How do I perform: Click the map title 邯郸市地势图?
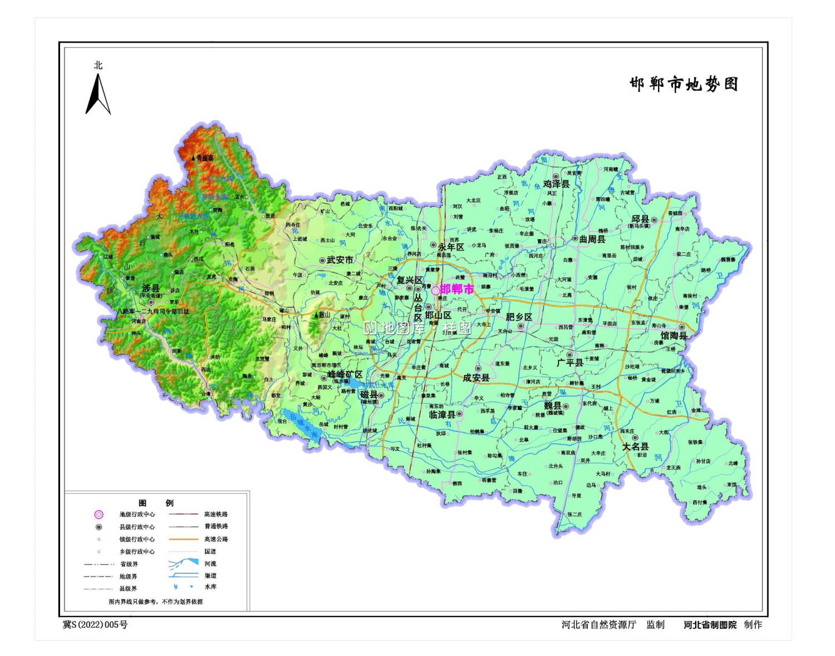coord(684,85)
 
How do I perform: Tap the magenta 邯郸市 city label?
coord(456,289)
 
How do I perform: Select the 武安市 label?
coord(340,260)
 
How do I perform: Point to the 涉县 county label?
coord(151,288)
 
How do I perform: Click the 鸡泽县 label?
coord(556,184)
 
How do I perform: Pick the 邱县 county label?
coord(640,219)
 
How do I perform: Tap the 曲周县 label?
coord(592,239)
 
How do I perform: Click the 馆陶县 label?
coord(674,336)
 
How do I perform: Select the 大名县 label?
coord(635,447)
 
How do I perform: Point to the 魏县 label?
coord(552,406)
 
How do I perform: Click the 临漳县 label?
coord(442,415)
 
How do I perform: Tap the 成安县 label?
coord(476,378)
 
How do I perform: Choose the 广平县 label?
coord(569,363)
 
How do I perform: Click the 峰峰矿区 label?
coord(345,374)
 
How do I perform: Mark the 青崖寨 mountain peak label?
coord(204,158)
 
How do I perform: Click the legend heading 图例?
coord(156,503)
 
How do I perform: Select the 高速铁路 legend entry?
coord(215,515)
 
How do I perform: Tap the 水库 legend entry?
coord(210,587)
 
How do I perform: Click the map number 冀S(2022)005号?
coord(95,625)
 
